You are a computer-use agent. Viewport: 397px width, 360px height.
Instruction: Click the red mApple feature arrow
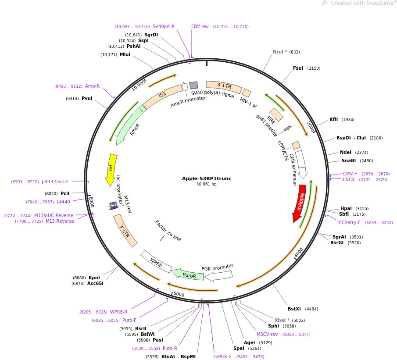pos(300,203)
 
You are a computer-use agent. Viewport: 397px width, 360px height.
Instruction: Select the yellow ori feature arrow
pos(111,169)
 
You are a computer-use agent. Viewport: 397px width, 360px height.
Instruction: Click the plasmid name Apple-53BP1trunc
pos(206,178)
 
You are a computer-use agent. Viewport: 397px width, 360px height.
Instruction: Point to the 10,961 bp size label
pos(206,184)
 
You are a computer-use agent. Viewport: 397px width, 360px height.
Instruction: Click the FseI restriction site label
pos(298,68)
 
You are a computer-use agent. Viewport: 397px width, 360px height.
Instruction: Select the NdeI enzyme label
pos(345,152)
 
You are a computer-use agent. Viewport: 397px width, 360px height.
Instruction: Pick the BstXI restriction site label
pos(294,309)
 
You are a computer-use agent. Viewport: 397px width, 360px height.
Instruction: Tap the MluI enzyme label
pos(125,54)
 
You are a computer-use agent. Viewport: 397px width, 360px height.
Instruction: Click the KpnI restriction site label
pos(94,278)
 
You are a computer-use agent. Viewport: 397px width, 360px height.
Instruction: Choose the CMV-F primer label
pos(350,174)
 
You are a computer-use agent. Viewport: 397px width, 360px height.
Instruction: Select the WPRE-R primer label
pos(118,312)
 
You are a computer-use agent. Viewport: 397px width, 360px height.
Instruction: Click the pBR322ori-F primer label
pos(55,182)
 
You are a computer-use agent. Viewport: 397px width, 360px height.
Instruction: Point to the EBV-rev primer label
pos(200,26)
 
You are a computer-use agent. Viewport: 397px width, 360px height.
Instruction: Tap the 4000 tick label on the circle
pos(299,253)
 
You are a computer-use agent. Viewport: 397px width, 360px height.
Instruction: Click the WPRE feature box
pos(156,263)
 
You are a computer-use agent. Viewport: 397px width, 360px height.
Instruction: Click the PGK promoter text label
pos(217,267)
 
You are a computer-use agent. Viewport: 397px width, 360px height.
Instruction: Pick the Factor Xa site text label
pos(168,231)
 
